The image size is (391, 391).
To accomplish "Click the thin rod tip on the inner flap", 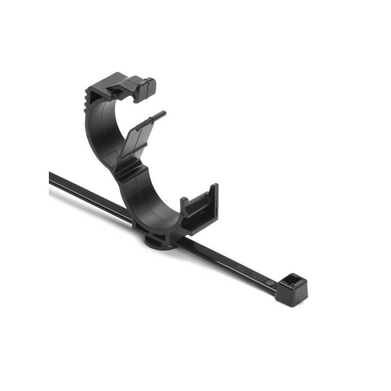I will click(x=151, y=120).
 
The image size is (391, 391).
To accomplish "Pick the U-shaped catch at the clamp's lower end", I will click(x=200, y=205).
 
